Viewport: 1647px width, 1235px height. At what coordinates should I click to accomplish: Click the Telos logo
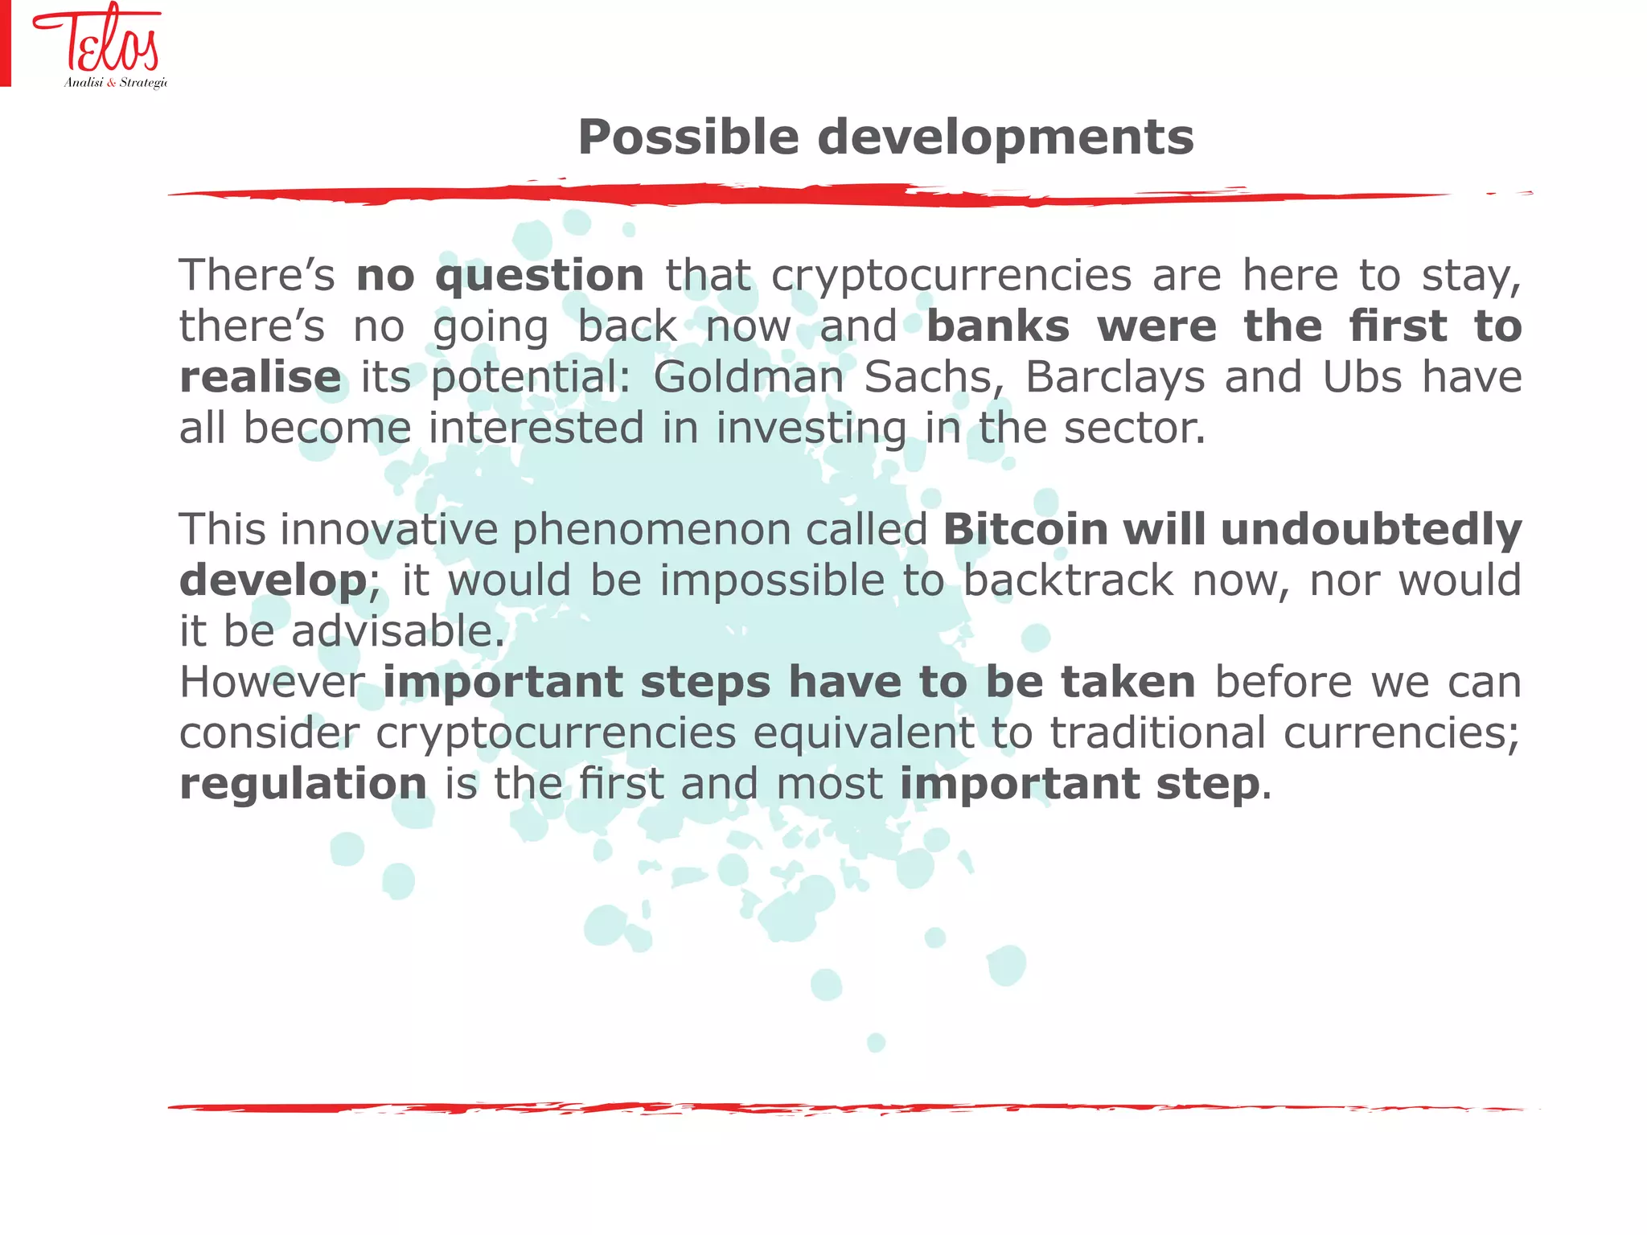(x=97, y=40)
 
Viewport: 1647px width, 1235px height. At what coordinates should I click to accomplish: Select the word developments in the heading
(x=1005, y=137)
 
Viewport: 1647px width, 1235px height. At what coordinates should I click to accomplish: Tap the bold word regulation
(x=303, y=785)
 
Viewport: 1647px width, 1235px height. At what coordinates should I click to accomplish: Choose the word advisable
(x=397, y=631)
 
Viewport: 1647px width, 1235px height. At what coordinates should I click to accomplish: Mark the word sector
(x=1134, y=428)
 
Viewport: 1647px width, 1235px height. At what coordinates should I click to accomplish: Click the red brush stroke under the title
(x=804, y=195)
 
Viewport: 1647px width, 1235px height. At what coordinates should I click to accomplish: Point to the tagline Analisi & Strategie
(x=115, y=83)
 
